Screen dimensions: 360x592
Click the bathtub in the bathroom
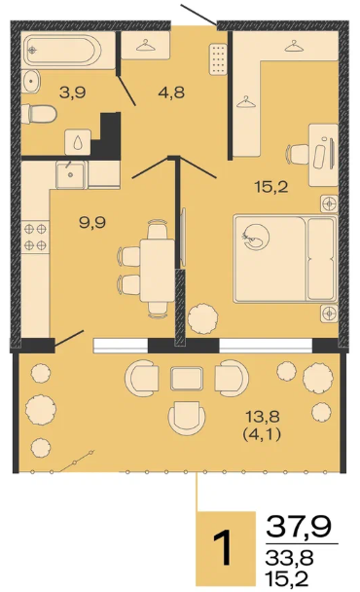coord(62,51)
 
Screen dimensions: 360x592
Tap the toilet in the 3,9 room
coord(39,114)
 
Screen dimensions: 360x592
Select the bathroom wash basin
coord(31,82)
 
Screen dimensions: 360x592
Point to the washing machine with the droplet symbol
coord(78,142)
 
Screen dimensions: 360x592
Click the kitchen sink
coord(71,174)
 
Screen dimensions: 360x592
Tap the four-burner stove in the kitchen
coord(35,238)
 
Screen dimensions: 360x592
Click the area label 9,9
coord(92,223)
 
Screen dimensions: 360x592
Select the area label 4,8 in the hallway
coord(171,92)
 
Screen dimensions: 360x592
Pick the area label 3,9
coord(73,92)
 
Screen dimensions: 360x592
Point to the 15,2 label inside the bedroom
coord(271,187)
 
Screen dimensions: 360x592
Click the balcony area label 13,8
coord(263,417)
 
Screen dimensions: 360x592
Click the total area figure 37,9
coord(299,526)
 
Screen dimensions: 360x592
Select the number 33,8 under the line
coord(289,558)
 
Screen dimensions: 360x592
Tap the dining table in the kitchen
coord(157,270)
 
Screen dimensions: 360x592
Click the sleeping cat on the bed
coord(256,237)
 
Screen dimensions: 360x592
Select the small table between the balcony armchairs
coord(187,379)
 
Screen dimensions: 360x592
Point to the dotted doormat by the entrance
coord(219,59)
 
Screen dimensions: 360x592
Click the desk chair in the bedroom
coord(298,155)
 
